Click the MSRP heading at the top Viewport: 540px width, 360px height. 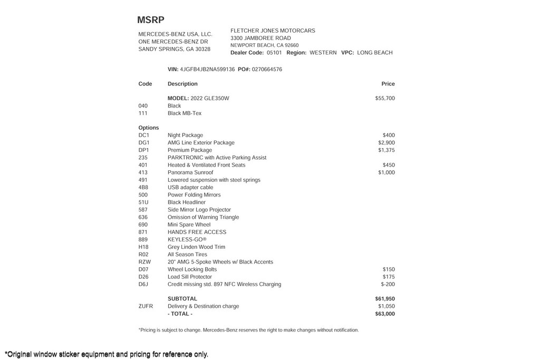151,20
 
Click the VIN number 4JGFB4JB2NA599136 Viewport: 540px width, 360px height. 207,70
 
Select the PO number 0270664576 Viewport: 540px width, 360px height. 267,70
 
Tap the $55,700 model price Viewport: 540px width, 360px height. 385,99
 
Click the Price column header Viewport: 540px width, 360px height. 388,84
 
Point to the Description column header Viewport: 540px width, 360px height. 182,84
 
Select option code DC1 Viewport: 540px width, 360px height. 144,135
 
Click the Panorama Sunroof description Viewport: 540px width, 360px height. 190,172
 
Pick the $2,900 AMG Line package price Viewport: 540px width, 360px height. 387,143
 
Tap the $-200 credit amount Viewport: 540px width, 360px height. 388,285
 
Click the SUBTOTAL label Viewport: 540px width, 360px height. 182,299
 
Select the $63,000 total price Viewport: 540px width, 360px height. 385,314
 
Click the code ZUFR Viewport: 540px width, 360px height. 146,306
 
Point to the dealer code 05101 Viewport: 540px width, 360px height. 274,53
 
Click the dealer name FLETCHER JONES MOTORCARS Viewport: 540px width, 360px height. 273,31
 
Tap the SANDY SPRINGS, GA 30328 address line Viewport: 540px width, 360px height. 174,49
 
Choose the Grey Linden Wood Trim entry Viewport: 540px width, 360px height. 196,247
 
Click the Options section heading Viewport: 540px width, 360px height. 149,128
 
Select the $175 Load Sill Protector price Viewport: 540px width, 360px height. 389,277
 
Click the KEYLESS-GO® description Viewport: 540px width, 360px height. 187,240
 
